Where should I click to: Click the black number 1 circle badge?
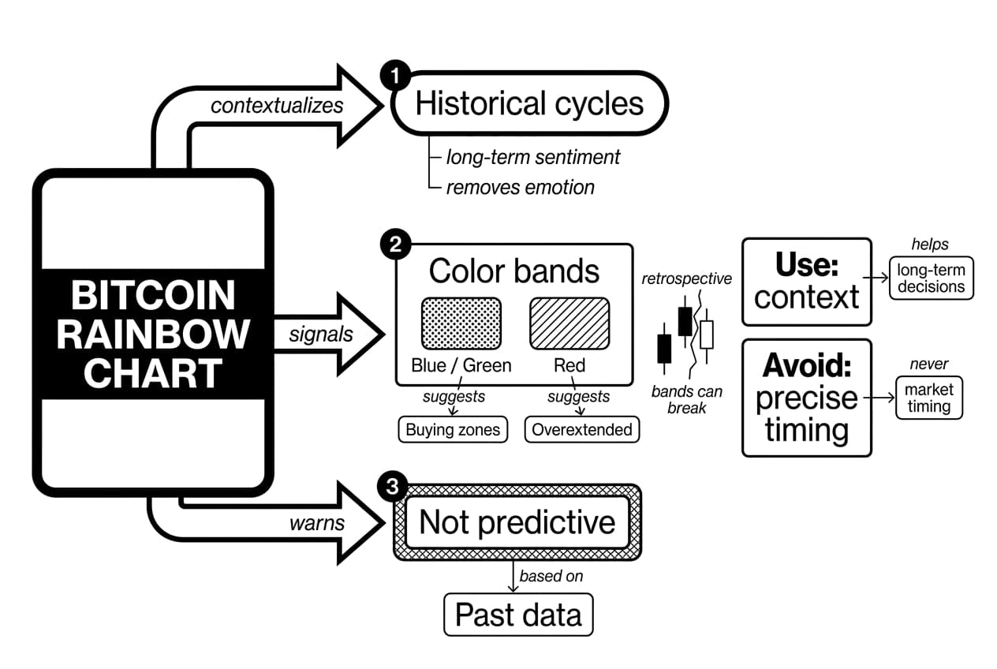point(393,77)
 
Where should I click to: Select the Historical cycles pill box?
point(529,104)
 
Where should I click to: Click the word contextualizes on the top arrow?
point(277,105)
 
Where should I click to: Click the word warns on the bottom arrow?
point(316,523)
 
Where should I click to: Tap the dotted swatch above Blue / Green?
point(461,323)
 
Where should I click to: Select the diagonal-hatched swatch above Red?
point(569,323)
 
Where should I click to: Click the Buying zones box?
point(453,430)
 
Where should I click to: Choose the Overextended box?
point(582,430)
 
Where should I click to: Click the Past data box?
point(518,615)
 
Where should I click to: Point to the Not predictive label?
point(517,522)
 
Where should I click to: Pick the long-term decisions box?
point(931,278)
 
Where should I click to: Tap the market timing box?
point(928,398)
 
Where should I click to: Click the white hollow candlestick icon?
point(706,334)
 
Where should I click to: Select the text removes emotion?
point(520,188)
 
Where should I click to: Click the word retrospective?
point(686,278)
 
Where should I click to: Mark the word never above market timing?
point(928,364)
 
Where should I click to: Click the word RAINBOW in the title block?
point(152,334)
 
